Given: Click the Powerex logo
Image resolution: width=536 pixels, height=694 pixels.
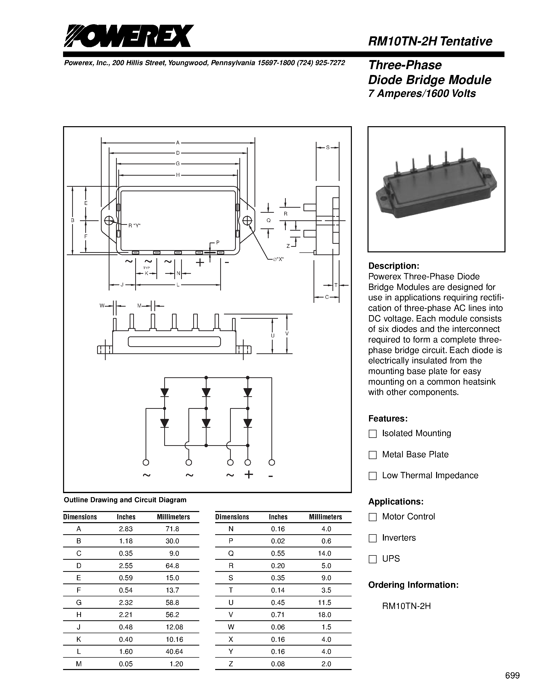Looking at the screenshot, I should pos(129,36).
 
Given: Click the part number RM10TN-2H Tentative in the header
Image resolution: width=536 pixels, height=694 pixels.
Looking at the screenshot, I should pos(430,41).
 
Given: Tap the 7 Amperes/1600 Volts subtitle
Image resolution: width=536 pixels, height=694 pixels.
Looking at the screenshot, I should pos(422,94).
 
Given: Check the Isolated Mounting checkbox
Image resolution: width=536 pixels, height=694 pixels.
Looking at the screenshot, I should pos(373,434).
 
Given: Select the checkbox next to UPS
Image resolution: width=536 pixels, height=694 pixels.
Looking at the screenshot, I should pos(373,559).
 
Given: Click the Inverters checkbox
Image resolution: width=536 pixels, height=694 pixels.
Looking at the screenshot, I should pos(373,538).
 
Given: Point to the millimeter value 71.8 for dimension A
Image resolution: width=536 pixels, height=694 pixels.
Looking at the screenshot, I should pos(173,529).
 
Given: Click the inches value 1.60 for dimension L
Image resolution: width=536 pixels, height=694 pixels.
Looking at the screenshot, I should pos(126,651).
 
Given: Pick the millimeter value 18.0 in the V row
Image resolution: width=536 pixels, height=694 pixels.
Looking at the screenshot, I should pos(325,615).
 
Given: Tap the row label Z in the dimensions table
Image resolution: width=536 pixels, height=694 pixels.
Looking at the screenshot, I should pos(231,664).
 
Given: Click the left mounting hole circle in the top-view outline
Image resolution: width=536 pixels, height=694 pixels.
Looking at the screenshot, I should pos(109,220).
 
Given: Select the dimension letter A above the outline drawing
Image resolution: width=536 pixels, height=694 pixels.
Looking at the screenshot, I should pos(178,143).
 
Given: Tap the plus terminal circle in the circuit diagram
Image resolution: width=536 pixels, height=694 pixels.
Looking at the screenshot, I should pos(248,462).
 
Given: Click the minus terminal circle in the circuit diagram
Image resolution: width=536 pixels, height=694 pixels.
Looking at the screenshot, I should pos(272,462).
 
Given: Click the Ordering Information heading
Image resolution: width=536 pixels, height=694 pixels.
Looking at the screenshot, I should pos(413,585).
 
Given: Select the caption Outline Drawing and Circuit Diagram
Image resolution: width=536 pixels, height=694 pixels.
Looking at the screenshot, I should pos(125,500).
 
